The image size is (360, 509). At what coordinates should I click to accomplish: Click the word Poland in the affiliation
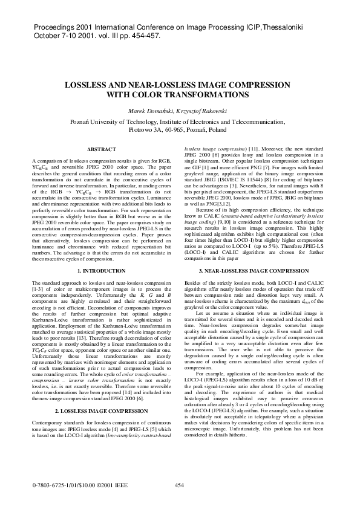217,129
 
